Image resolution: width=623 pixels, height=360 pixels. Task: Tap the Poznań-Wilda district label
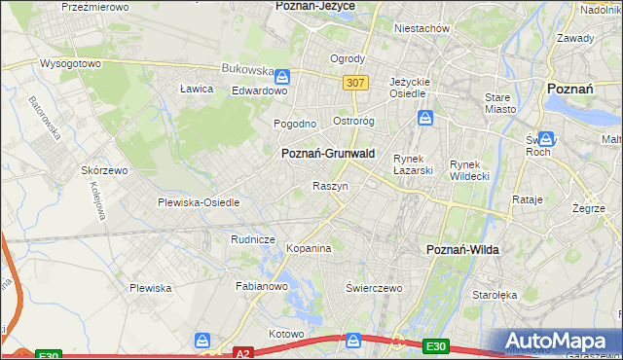tap(463, 250)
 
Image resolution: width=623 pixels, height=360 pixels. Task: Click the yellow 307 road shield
tap(354, 84)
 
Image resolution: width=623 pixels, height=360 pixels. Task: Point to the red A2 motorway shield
tap(244, 354)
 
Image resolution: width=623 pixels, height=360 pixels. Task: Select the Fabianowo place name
tap(261, 287)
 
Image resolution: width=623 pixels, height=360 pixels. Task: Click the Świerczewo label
tap(374, 289)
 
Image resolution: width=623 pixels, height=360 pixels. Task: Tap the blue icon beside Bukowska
tap(282, 76)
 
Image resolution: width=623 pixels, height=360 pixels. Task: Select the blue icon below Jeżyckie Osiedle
tap(426, 119)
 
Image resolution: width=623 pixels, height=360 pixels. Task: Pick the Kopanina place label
tap(310, 249)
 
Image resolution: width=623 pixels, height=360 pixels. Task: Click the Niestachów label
tap(421, 28)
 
